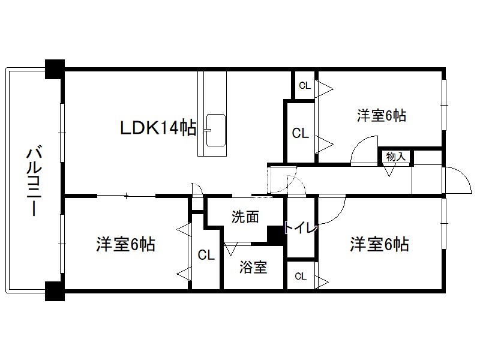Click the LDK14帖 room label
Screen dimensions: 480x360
coord(158,127)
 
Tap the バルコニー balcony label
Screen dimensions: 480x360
coord(34,181)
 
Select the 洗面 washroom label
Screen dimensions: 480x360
coord(245,217)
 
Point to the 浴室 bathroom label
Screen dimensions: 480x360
coord(253,267)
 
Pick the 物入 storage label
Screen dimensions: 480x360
coord(396,157)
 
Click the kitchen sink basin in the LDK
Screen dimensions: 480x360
coord(216,130)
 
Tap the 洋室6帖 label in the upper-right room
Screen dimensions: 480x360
coord(382,115)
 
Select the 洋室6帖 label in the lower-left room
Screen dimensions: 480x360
coord(126,244)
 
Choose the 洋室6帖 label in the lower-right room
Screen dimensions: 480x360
coord(379,244)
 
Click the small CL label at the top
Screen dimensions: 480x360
coord(305,86)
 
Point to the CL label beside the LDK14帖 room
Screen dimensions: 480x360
coord(301,133)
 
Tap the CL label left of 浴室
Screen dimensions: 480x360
coord(206,254)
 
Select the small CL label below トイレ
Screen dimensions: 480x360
coord(301,277)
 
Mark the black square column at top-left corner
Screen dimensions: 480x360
coord(55,69)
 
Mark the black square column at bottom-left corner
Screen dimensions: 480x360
coord(55,291)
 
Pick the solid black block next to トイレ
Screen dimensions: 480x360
coord(276,235)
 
